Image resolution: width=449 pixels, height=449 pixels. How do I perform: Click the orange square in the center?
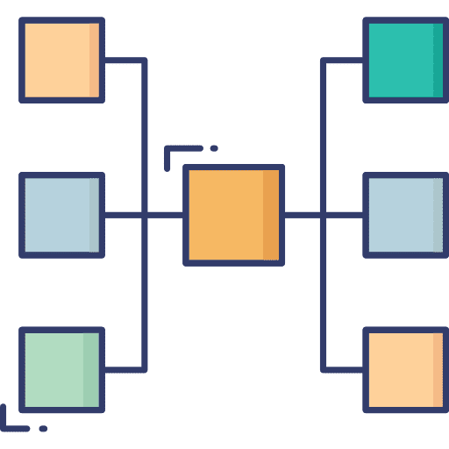[233, 215]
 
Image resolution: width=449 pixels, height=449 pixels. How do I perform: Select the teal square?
[404, 60]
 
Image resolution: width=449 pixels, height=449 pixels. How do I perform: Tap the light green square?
[61, 369]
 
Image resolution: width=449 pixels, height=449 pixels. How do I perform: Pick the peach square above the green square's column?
[61, 60]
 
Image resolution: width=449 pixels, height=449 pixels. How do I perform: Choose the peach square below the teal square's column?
[404, 369]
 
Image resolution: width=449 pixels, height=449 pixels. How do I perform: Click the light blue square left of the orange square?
[61, 215]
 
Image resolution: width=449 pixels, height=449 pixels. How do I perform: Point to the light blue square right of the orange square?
[404, 215]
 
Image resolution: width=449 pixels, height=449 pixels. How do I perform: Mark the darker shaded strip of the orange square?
[271, 215]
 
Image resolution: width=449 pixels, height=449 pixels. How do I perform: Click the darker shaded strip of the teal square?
[438, 60]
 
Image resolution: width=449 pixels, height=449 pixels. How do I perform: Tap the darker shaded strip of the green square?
[91, 369]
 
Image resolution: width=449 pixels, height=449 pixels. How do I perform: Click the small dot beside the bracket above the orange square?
[214, 148]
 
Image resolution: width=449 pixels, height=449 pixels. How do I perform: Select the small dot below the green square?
[43, 429]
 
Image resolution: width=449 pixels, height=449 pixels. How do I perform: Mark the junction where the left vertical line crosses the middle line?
[144, 215]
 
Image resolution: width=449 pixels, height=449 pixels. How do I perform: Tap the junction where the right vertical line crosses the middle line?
[323, 215]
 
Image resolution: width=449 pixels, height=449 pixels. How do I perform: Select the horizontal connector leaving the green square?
[123, 369]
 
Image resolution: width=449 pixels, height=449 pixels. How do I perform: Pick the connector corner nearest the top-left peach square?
[144, 61]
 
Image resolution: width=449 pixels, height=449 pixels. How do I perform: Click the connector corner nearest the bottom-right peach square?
[323, 369]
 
